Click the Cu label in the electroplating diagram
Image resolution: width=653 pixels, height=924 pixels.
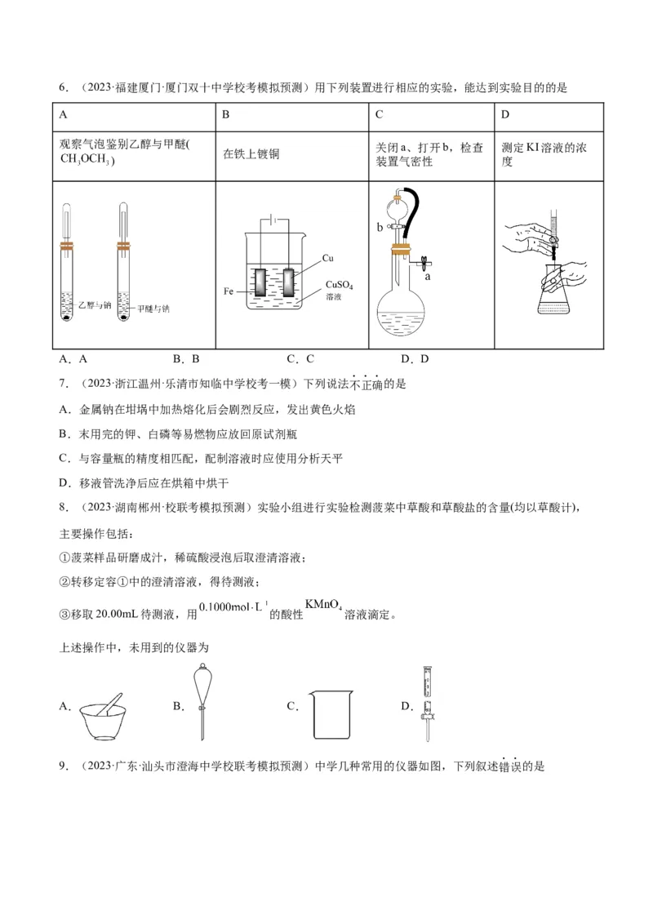[328, 258]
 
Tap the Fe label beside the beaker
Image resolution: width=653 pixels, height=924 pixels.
[229, 291]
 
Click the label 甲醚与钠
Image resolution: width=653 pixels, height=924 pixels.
[153, 309]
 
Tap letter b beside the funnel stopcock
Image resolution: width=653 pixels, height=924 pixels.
[380, 228]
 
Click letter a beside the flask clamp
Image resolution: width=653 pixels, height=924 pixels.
[428, 277]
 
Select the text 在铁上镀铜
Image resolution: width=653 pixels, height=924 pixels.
[251, 153]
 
